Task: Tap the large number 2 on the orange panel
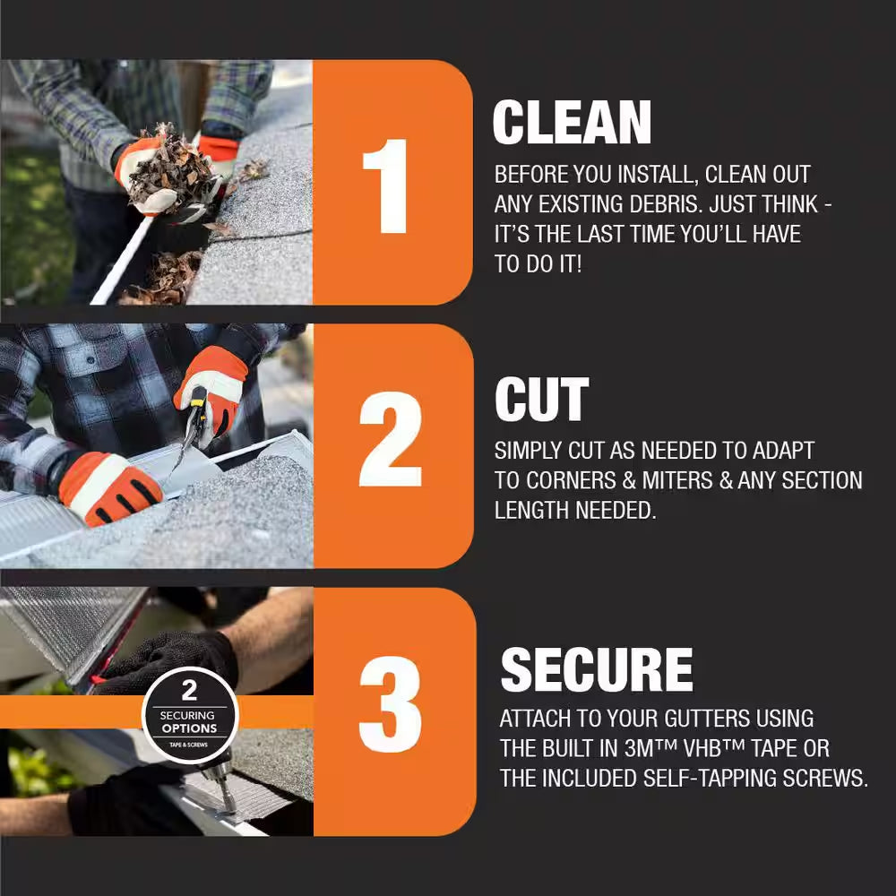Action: (391, 439)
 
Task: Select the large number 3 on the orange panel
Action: (391, 704)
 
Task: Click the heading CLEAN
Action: (572, 122)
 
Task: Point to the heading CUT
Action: (542, 400)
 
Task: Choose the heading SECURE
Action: (597, 669)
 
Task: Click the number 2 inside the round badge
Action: (189, 690)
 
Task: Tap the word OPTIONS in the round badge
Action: (189, 728)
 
